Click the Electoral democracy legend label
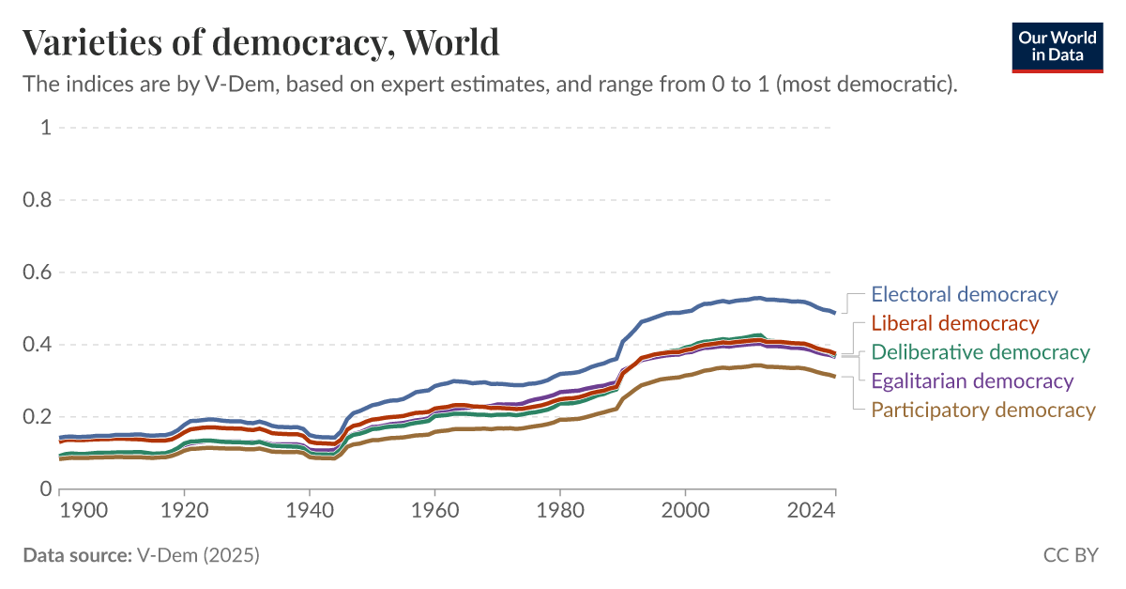pos(964,294)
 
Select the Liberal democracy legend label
pos(954,323)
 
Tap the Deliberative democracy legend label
pos(981,352)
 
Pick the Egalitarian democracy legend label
pos(972,380)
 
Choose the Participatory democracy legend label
pos(982,410)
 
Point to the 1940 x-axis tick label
pos(310,510)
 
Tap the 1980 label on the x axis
pos(560,510)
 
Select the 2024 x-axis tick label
pos(812,510)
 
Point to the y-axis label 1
pos(45,128)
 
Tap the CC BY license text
pos(1070,555)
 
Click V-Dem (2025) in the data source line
pos(197,555)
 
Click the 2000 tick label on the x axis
pos(686,510)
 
